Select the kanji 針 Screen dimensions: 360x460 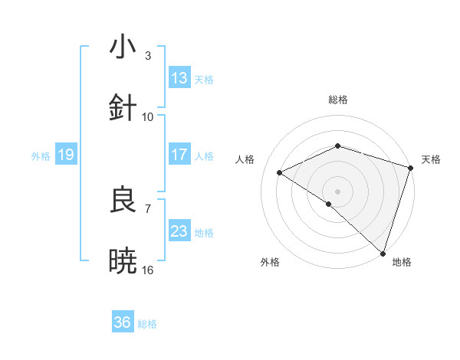pos(123,107)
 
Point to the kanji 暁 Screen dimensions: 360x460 pos(123,261)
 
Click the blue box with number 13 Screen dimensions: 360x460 pos(179,78)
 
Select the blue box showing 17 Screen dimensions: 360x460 pos(179,155)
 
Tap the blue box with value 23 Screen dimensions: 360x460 pos(179,231)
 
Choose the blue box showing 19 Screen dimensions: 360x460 pos(66,155)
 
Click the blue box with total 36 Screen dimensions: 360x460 pos(123,322)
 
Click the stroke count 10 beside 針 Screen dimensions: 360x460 pos(148,116)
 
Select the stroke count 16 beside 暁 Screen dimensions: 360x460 pos(148,270)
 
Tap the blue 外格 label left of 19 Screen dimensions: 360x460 pos(41,155)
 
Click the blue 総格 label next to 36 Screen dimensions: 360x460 pos(147,323)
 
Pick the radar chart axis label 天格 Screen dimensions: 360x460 pos(431,159)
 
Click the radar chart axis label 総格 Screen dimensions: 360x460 pos(338,100)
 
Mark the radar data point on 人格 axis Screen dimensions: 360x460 pos(280,172)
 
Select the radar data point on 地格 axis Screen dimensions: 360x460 pos(381,251)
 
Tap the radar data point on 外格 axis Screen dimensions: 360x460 pos(329,204)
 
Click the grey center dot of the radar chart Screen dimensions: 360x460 pos(338,191)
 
